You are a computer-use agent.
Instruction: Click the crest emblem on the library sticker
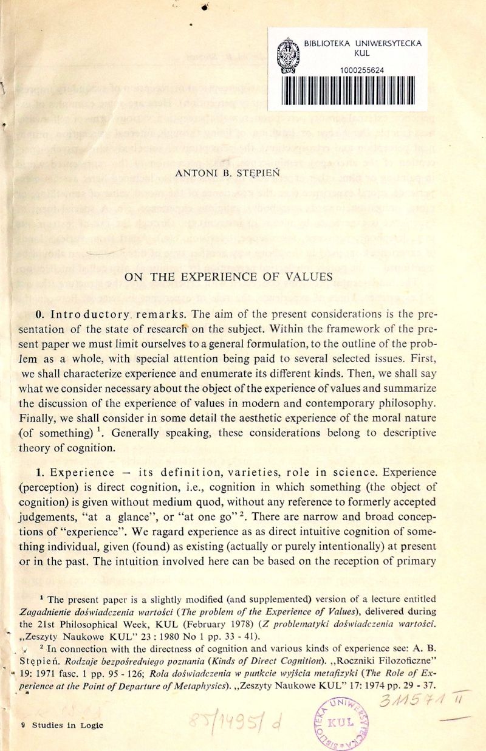point(287,58)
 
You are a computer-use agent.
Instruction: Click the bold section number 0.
point(39,315)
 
